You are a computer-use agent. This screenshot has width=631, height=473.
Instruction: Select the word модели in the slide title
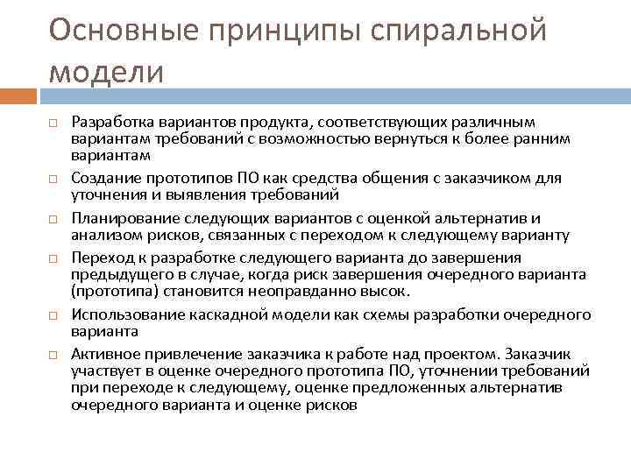point(106,71)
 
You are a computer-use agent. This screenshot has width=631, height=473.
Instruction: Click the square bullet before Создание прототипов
point(52,180)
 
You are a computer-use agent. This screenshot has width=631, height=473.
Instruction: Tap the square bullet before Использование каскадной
point(52,315)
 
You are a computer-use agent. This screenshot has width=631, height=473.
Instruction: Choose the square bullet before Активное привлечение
point(52,355)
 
